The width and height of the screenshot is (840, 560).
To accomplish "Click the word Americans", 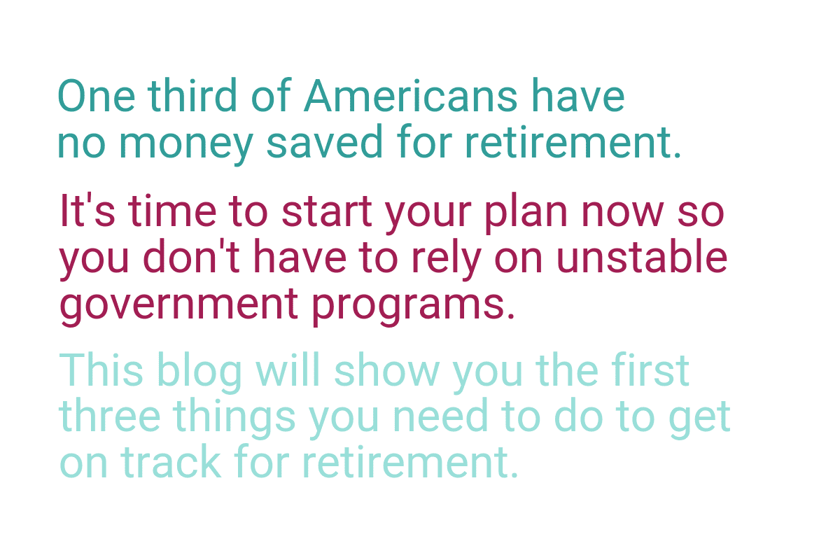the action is (411, 95).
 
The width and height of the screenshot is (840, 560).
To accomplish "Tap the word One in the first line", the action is (97, 95).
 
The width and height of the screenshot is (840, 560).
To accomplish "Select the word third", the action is (192, 95).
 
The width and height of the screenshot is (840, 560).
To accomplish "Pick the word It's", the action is (87, 210).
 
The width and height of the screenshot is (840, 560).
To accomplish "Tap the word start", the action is (327, 211).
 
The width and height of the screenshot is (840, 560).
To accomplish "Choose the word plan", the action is (526, 213).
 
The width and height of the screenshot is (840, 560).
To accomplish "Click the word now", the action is (623, 213).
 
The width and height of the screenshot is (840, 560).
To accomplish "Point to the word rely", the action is (447, 259).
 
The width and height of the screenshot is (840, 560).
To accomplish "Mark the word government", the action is (179, 305).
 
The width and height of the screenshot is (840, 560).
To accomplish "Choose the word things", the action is (234, 418).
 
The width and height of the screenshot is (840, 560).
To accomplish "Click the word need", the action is (440, 415).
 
